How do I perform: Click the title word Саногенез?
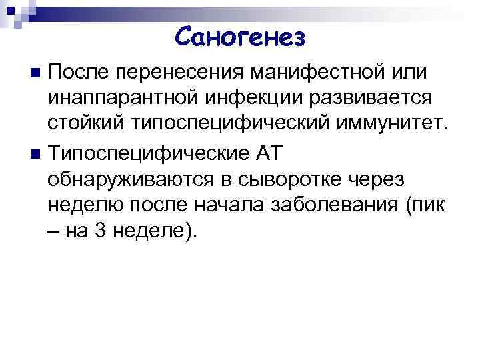coord(241,37)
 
